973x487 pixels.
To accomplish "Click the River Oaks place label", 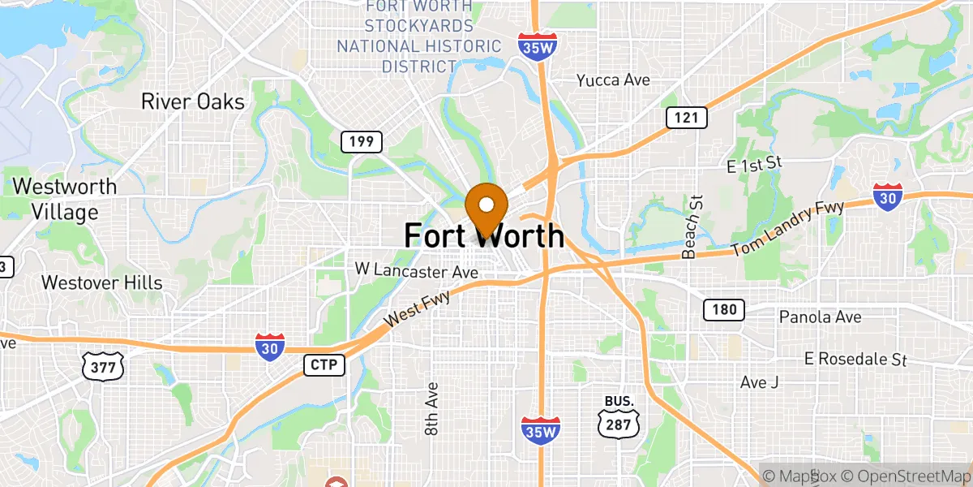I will pyautogui.click(x=192, y=101).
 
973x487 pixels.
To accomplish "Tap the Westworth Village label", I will pyautogui.click(x=64, y=199).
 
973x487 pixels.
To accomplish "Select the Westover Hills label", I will pyautogui.click(x=101, y=282).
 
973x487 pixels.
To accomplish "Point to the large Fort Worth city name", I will pyautogui.click(x=484, y=235).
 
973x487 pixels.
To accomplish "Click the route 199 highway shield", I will pyautogui.click(x=362, y=142).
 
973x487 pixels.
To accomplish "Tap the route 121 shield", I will pyautogui.click(x=687, y=118).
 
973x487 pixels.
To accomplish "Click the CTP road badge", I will pyautogui.click(x=324, y=364).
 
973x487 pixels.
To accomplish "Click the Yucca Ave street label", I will pyautogui.click(x=613, y=80).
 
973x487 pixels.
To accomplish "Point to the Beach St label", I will pyautogui.click(x=691, y=226).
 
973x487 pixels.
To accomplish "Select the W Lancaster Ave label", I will pyautogui.click(x=417, y=268).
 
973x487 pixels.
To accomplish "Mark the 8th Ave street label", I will pyautogui.click(x=431, y=409).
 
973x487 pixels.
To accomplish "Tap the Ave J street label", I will pyautogui.click(x=759, y=381).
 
